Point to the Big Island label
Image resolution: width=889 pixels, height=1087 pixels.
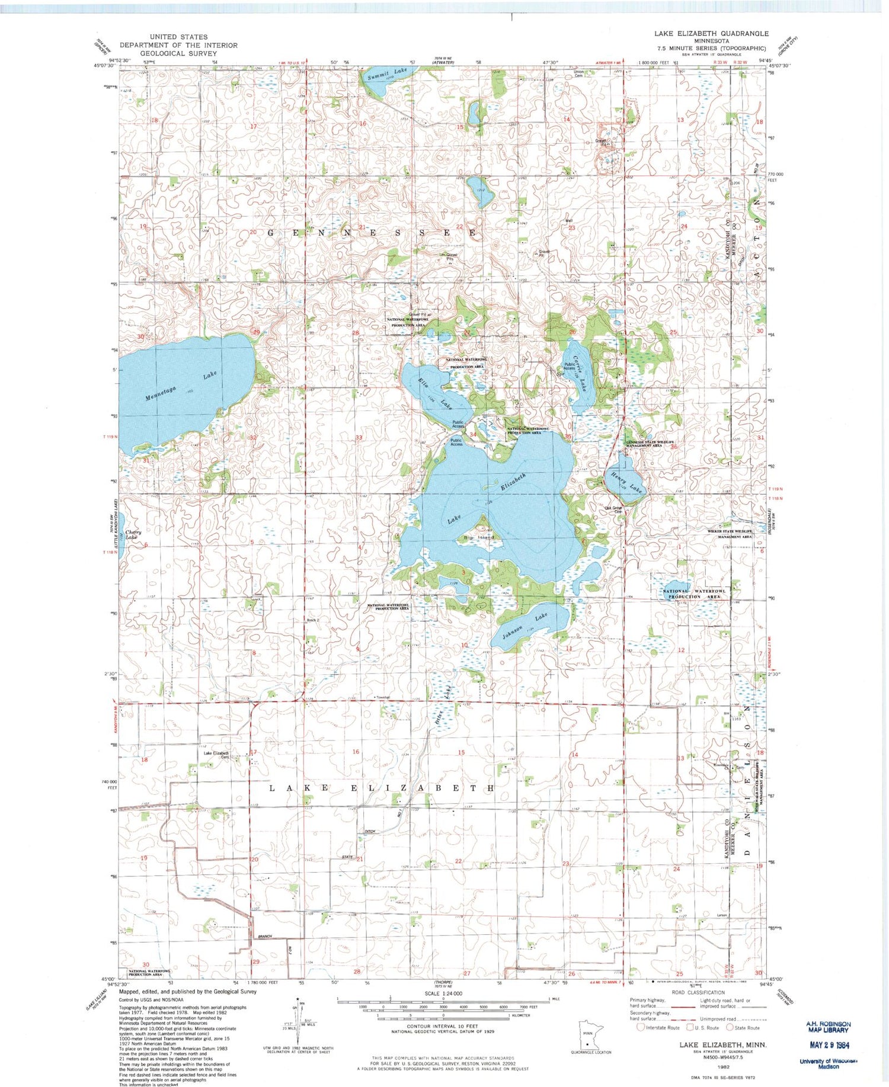click(478, 537)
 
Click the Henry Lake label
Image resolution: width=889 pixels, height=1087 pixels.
click(623, 482)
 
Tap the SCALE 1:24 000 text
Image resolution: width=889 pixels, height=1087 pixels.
click(444, 993)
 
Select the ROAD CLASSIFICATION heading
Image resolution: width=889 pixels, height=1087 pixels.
click(698, 992)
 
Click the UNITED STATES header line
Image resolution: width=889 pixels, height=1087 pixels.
click(178, 37)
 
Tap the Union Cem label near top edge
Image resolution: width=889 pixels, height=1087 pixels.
click(579, 73)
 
